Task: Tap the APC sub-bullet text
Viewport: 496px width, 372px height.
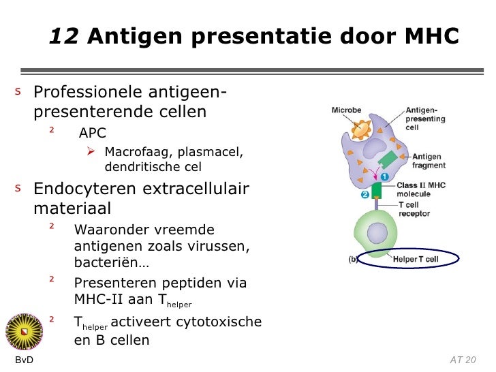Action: [x=92, y=132]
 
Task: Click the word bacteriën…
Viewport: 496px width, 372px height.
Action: [x=112, y=262]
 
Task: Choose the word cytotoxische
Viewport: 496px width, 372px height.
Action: [x=219, y=322]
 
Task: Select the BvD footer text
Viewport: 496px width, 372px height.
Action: [x=24, y=360]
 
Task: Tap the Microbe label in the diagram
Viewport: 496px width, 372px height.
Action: [x=346, y=110]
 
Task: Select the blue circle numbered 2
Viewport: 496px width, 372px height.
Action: [x=365, y=194]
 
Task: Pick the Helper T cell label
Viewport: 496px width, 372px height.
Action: [x=416, y=259]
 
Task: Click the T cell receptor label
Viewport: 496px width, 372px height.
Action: [x=414, y=208]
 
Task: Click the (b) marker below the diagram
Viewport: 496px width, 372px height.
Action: [x=353, y=259]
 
